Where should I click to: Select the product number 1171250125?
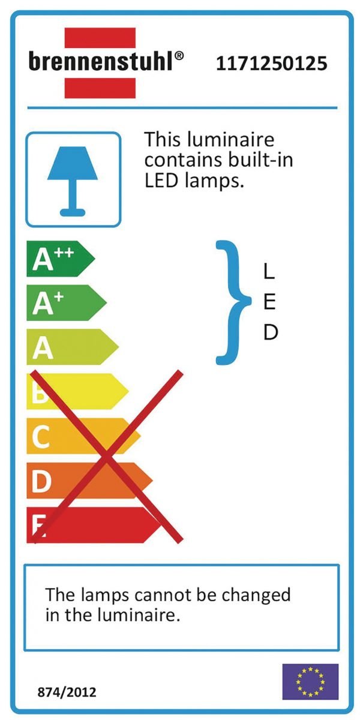tap(271, 63)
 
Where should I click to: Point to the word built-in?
tap(262, 161)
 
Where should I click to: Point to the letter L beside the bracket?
tap(269, 272)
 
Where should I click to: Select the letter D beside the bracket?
tap(271, 332)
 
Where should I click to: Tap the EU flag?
tap(310, 682)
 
